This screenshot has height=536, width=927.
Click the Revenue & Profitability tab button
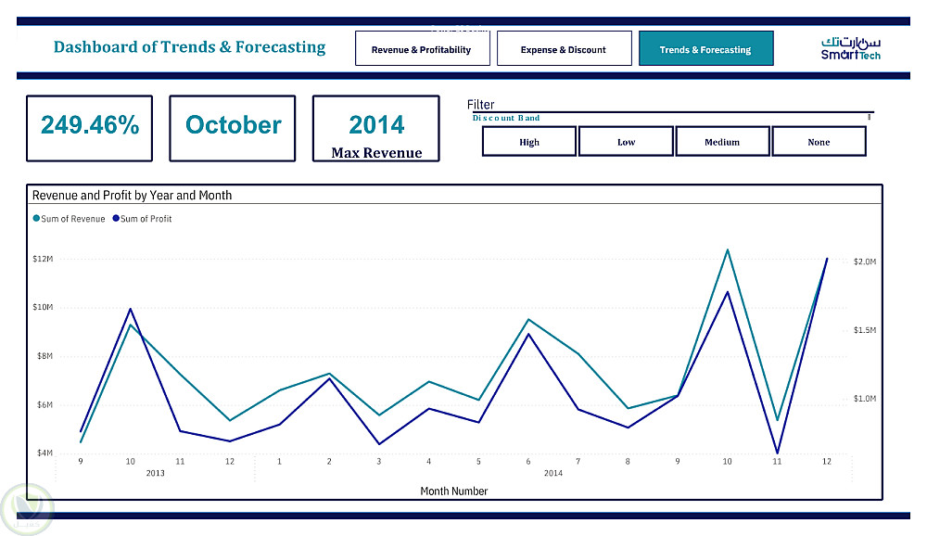click(x=421, y=49)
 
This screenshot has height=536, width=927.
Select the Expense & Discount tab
click(x=564, y=49)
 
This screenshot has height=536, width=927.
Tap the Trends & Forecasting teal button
click(x=705, y=49)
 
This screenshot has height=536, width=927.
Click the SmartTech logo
click(x=850, y=48)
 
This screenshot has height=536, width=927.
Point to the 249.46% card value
click(x=90, y=125)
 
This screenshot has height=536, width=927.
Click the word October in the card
click(x=233, y=125)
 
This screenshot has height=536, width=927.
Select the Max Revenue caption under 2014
click(x=376, y=153)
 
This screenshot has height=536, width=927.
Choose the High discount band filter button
click(x=529, y=142)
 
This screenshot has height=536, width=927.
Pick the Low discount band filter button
click(x=626, y=142)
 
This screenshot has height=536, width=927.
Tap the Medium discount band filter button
click(x=722, y=142)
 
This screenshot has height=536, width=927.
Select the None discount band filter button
click(x=819, y=142)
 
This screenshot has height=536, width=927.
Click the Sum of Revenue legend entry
click(x=70, y=219)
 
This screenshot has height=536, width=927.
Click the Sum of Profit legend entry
click(x=143, y=219)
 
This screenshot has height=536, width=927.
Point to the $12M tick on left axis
click(x=43, y=259)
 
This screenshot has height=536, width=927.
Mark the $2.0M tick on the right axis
click(x=864, y=262)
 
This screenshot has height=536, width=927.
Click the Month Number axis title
click(x=453, y=491)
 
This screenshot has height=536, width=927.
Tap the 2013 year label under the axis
click(x=156, y=473)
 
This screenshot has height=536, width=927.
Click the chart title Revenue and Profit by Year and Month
click(x=132, y=196)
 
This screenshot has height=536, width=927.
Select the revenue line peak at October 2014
click(x=728, y=249)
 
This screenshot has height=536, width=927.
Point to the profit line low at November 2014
click(x=777, y=453)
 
